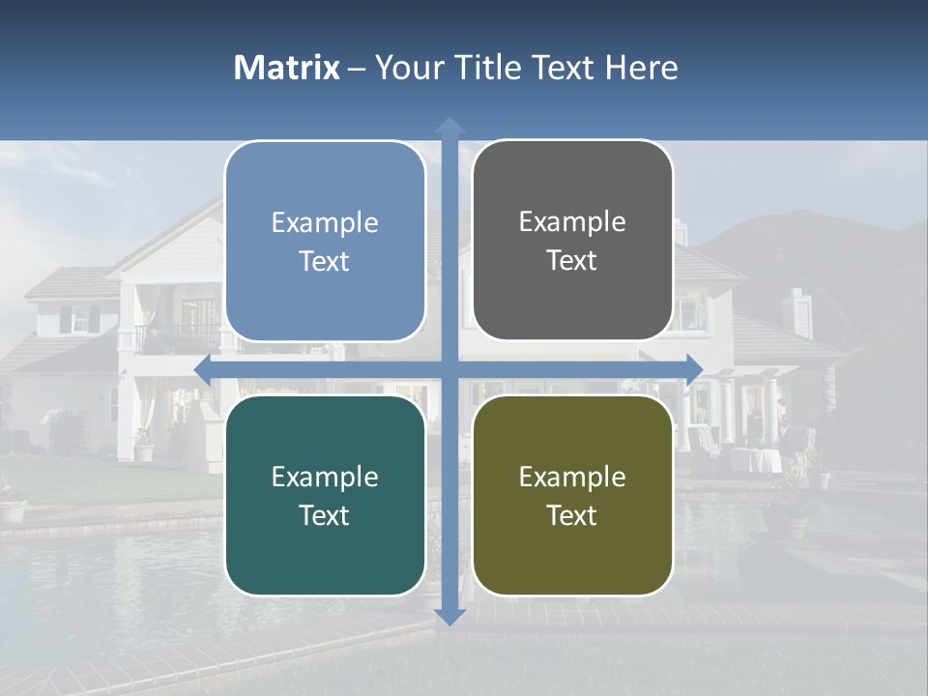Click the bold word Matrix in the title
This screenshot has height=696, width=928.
coord(287,68)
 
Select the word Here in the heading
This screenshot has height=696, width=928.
coord(642,68)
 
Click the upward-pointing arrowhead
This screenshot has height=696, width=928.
coord(449,126)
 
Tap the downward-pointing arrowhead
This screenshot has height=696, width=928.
coord(449,616)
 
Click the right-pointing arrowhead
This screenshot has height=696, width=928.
coord(695,369)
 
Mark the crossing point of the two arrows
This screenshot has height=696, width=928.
coord(449,369)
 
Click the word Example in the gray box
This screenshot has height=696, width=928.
coord(572,222)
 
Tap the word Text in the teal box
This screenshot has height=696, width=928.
coord(325,515)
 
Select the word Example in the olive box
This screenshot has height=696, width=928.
coord(572,477)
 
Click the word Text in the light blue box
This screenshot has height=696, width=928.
coord(325,262)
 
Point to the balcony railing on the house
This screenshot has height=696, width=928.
coord(176,338)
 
